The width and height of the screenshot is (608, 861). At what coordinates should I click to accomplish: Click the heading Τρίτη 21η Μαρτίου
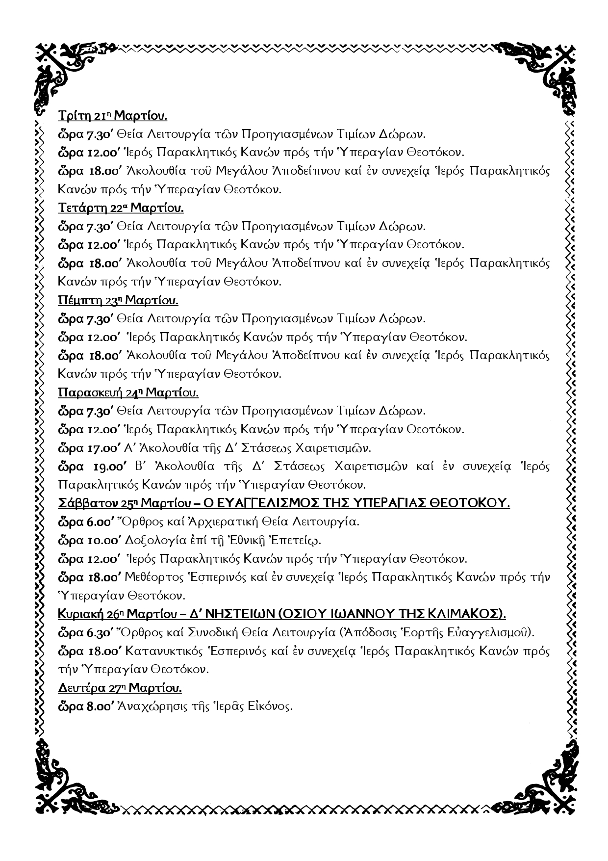click(112, 116)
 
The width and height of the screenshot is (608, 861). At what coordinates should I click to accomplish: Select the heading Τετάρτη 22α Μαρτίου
click(121, 208)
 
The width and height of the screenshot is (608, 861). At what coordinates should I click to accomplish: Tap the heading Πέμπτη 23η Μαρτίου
click(118, 300)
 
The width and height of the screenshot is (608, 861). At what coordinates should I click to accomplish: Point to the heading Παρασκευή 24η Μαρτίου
click(128, 392)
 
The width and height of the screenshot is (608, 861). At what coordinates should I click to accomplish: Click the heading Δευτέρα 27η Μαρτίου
click(120, 688)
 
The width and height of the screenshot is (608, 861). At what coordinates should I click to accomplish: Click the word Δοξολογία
click(156, 541)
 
